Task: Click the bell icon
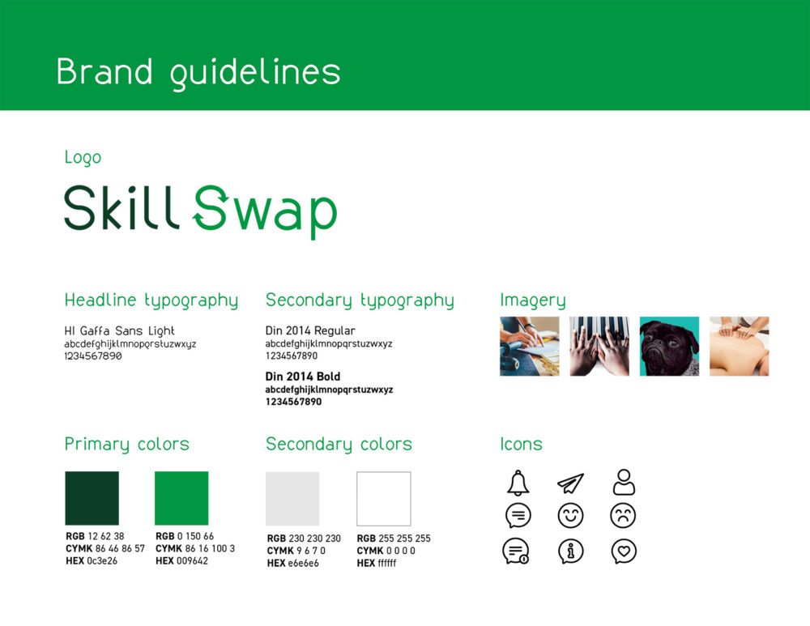tap(518, 483)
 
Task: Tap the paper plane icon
tap(571, 483)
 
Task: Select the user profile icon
tap(624, 482)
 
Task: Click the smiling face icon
tap(571, 516)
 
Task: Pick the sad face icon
tap(623, 516)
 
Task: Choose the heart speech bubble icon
tap(624, 551)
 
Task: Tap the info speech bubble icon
tap(571, 551)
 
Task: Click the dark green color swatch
tap(92, 498)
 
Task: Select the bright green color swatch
tap(181, 498)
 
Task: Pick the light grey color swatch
tap(292, 498)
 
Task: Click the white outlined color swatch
tap(384, 498)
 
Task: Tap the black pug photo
tap(669, 346)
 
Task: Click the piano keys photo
tap(599, 346)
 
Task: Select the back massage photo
tap(740, 346)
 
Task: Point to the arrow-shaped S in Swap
tap(211, 207)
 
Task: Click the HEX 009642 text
tap(181, 560)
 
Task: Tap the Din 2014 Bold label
tap(303, 376)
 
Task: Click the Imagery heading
tap(533, 300)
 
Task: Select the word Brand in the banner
tap(104, 71)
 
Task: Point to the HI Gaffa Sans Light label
tap(119, 330)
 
